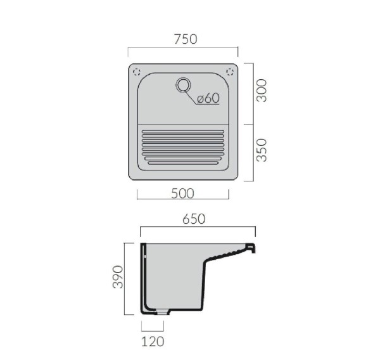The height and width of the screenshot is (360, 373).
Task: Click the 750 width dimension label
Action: point(186,39)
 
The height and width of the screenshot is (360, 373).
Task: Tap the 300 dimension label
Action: point(262,91)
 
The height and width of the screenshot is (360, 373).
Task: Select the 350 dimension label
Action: point(262,150)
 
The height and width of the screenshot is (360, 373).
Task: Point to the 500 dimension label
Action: point(182,193)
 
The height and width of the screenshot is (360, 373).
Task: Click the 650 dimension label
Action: point(194,219)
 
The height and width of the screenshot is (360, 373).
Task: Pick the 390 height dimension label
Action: point(118,277)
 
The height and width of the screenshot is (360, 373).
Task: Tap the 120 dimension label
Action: point(153,342)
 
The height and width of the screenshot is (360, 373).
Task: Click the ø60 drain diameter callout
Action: point(208,98)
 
